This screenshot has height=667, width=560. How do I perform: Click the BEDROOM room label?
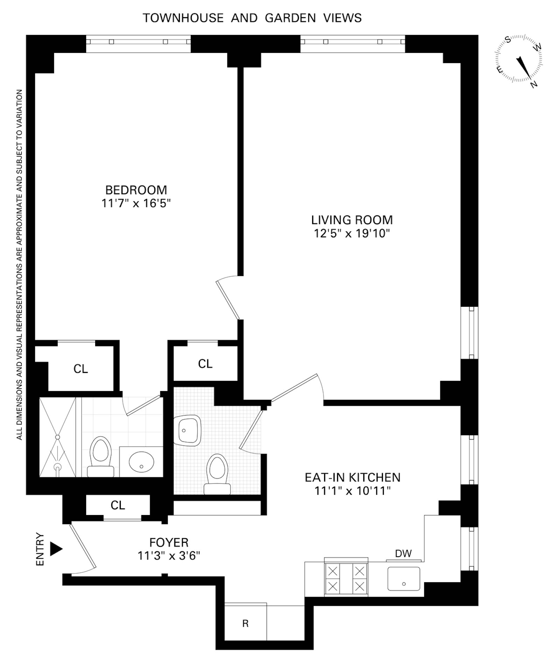[136, 190]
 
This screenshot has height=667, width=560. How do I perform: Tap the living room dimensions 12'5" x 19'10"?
[352, 233]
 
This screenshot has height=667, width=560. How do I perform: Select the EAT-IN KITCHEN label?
[352, 478]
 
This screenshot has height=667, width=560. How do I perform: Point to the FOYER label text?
[169, 543]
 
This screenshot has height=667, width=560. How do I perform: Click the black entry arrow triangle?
[56, 549]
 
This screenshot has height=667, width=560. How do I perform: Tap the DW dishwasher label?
[403, 554]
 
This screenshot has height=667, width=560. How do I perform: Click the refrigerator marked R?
[245, 623]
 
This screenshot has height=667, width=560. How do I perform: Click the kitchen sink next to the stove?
[404, 579]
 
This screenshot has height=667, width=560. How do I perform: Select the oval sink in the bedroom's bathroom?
[141, 462]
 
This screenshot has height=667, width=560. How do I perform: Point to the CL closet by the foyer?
[118, 505]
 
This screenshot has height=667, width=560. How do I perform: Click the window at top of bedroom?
[138, 42]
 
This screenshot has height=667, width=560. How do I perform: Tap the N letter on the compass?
[534, 84]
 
